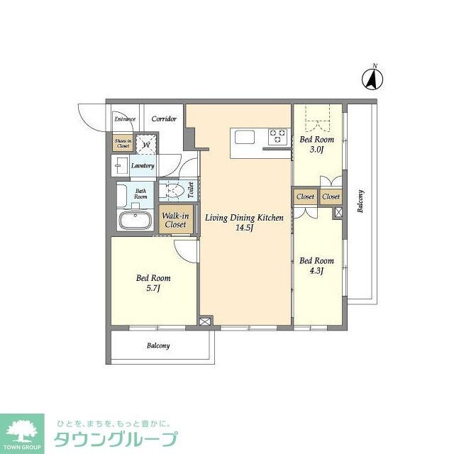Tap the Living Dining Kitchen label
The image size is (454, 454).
(x=245, y=218)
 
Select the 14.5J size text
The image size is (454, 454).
(x=245, y=228)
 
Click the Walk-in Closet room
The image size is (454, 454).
(x=175, y=219)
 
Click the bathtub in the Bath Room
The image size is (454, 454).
(x=135, y=220)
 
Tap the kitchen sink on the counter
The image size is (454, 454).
(x=243, y=135)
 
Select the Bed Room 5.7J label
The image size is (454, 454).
(x=153, y=283)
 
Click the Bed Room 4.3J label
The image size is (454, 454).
(x=316, y=265)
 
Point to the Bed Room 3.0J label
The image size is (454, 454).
(x=316, y=145)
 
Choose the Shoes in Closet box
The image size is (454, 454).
(x=123, y=143)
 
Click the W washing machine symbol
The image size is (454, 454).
(x=147, y=145)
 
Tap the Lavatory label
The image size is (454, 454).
(x=143, y=166)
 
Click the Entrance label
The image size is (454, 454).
(x=125, y=119)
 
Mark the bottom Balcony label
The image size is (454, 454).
(x=158, y=345)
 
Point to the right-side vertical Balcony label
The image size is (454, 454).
(x=361, y=201)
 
